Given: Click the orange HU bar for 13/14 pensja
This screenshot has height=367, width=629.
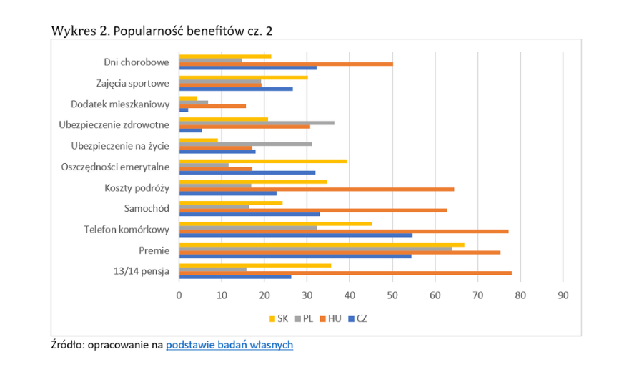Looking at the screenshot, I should (345, 273).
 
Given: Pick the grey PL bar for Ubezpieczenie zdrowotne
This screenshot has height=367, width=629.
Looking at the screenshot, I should (256, 122).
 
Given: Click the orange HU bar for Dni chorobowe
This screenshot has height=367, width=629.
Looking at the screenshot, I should (285, 64).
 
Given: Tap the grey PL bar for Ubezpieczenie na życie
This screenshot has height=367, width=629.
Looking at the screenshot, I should (245, 144).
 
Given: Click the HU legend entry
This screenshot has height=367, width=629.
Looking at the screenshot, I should (334, 318).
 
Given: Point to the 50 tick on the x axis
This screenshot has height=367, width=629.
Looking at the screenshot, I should (392, 294).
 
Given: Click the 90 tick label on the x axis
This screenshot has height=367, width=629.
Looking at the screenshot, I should (563, 294).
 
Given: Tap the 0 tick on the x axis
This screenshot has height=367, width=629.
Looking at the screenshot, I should (179, 294).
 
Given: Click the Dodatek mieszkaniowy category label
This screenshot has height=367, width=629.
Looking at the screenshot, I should (120, 104).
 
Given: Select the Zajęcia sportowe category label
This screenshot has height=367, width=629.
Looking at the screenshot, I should (132, 83).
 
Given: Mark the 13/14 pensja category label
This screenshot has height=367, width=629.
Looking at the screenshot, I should (141, 271).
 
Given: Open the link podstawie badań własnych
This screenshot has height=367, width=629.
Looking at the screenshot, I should (229, 345).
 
